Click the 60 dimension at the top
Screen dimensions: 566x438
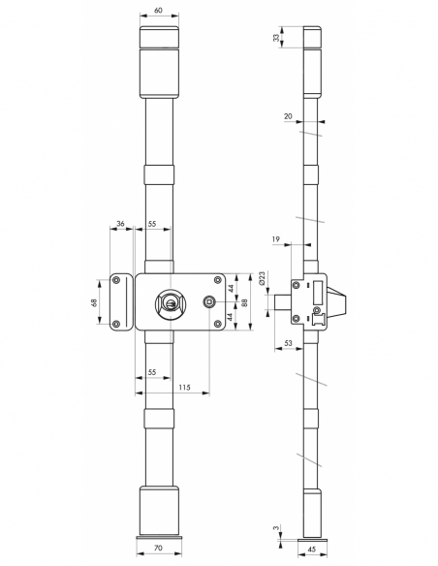[x=160, y=15]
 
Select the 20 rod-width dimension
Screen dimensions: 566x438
[x=289, y=115]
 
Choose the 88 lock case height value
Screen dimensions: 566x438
[x=245, y=302]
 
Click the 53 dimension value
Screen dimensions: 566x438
[x=290, y=344]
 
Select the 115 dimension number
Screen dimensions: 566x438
[x=184, y=388]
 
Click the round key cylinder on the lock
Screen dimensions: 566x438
[x=171, y=303]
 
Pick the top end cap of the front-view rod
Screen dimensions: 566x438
[x=160, y=40]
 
